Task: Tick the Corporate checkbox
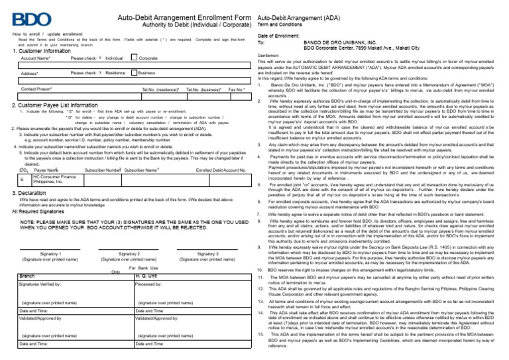(x=135, y=58)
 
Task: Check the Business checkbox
(x=135, y=72)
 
